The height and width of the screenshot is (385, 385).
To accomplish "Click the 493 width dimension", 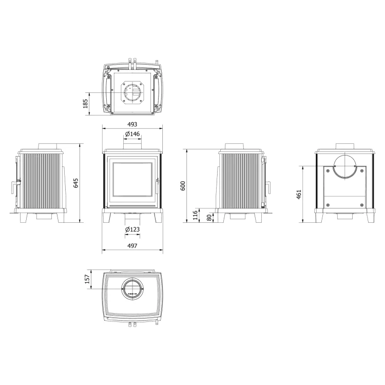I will (x=132, y=124).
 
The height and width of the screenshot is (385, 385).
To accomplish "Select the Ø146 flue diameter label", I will (x=132, y=134).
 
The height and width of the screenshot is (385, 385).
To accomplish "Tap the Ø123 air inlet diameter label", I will (x=132, y=229).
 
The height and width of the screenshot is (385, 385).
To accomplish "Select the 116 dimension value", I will (x=195, y=215).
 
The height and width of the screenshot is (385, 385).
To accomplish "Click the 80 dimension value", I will (x=208, y=217).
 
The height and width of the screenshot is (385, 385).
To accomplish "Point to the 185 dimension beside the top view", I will (x=86, y=104).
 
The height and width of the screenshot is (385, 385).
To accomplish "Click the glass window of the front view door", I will (x=132, y=180).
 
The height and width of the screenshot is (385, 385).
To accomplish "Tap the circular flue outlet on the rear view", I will (x=341, y=167).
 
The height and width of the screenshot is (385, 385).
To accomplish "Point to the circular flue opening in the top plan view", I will (x=132, y=93).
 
